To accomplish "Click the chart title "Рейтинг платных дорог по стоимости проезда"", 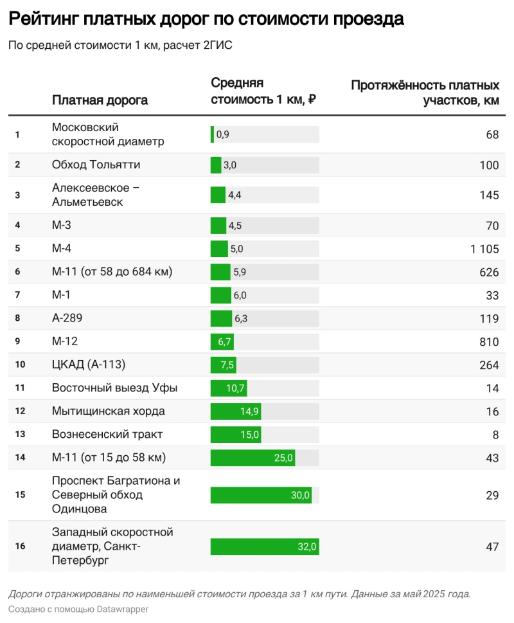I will point(206,19).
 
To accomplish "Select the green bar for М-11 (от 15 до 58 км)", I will point(253,458).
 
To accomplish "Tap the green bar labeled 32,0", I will point(265,546).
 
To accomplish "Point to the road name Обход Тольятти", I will point(96,165).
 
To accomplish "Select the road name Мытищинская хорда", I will point(108,411).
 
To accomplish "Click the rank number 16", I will point(20,546).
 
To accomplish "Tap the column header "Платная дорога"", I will point(100,100).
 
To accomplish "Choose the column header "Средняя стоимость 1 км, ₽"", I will point(263,91).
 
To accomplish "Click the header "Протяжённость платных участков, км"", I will point(425,93).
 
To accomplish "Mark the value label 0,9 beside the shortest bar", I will point(223,134).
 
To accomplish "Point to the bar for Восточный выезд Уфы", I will point(229,388).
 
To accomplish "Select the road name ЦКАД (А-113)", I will point(89,365).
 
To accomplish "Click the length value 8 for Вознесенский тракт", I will point(495,435).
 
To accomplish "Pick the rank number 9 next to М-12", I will point(18,341).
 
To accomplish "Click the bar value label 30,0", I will point(300,495).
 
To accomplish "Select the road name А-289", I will point(67,318).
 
